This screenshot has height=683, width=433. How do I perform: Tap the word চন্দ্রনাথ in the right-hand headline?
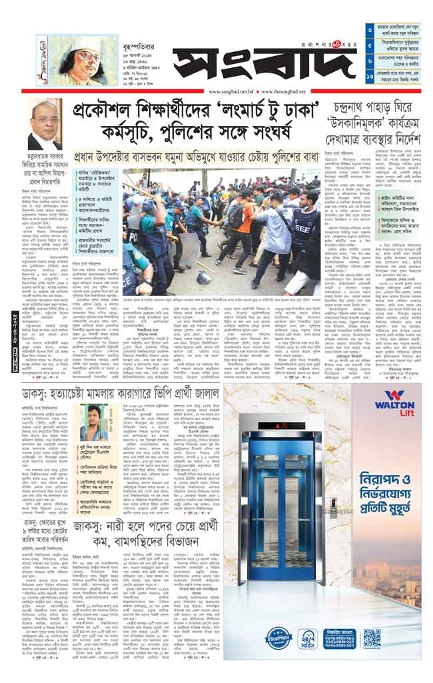[x=364, y=105]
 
